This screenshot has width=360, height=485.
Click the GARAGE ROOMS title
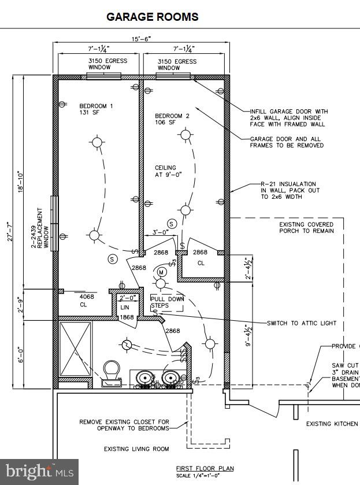(153, 17)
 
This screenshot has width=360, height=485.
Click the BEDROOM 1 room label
(96, 109)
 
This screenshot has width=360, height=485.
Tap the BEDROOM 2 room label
(172, 119)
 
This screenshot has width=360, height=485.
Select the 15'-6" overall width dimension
(141, 39)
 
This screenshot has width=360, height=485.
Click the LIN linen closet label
(125, 307)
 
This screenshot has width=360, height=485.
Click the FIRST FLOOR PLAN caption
(205, 468)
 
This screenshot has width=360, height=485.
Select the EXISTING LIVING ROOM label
(136, 449)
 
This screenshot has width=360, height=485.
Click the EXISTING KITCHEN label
(332, 424)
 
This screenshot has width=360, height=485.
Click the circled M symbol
(162, 272)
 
